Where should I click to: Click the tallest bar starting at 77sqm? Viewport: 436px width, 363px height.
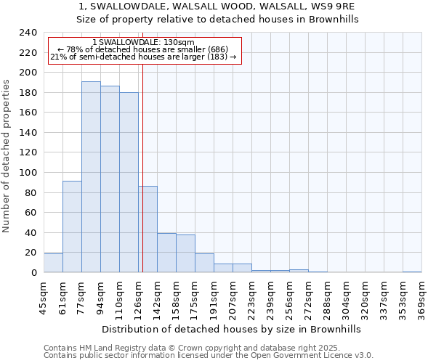[91, 177]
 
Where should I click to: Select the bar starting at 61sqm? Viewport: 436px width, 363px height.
[72, 227]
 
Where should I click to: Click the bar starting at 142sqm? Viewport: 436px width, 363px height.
[166, 253]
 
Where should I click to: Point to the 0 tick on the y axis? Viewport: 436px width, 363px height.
[33, 273]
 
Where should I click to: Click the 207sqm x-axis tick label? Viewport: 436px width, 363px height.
[233, 299]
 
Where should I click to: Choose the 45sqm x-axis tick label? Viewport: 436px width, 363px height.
[44, 299]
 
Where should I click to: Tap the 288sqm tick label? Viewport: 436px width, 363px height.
[327, 299]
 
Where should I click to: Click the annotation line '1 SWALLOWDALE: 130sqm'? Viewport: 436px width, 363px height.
[144, 43]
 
